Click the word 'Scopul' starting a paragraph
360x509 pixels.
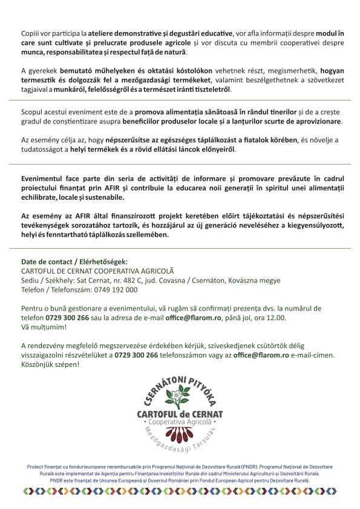(33, 113)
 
